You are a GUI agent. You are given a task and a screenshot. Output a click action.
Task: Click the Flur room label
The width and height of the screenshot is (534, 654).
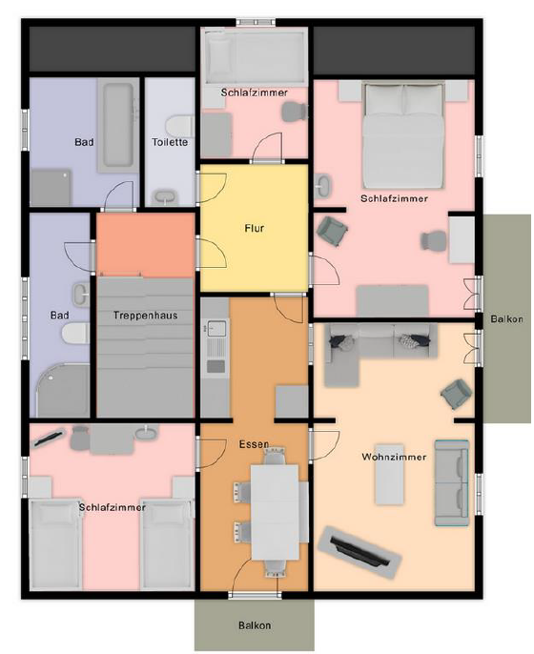254,228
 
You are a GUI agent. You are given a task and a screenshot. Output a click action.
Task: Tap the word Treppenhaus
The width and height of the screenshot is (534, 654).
145,316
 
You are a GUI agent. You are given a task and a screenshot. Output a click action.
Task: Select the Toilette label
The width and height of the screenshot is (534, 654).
170,142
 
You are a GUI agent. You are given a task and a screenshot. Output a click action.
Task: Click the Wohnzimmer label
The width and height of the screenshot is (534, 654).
394,457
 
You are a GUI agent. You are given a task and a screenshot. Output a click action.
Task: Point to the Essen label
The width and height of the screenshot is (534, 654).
254,444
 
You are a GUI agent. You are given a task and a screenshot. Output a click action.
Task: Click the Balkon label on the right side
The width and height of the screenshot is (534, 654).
507,319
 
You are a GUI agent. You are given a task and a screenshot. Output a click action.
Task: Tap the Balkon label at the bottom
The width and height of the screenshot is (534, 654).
255,625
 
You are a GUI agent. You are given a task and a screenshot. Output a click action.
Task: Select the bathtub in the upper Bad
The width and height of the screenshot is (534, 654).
118,125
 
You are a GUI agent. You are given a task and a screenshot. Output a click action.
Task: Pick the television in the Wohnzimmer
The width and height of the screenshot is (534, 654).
359,552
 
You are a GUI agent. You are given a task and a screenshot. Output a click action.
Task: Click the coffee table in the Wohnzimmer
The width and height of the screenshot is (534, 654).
389,475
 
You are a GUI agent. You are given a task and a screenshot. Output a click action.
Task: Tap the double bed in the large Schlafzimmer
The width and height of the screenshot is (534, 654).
403,135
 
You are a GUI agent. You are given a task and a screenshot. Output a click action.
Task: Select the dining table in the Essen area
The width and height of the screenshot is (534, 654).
275,512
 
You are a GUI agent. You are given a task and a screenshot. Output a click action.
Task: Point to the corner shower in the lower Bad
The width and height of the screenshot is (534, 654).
62,391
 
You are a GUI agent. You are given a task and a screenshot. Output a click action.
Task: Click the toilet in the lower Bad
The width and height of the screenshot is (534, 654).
75,334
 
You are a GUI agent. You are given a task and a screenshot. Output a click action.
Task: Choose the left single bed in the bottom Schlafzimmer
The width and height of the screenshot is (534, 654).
56,544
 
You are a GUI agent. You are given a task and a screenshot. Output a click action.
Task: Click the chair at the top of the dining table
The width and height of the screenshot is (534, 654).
275,456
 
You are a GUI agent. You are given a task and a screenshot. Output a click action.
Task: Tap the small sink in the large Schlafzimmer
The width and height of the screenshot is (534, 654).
323,185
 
